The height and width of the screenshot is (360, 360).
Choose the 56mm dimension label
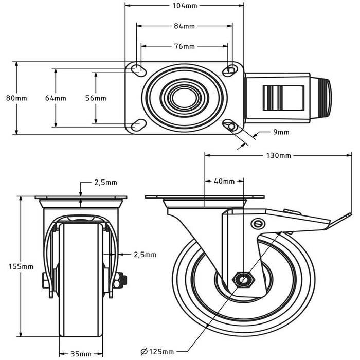(96, 98)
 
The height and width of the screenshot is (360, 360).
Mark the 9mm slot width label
(281, 132)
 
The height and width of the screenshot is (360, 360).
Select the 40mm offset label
(224, 181)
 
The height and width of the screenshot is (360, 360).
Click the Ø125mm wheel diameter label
(157, 352)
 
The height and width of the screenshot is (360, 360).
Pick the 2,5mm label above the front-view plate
(105, 182)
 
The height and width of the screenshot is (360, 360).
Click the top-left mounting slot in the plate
(138, 69)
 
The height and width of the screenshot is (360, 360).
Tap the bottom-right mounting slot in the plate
(231, 126)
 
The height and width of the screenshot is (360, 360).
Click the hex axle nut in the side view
(242, 280)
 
